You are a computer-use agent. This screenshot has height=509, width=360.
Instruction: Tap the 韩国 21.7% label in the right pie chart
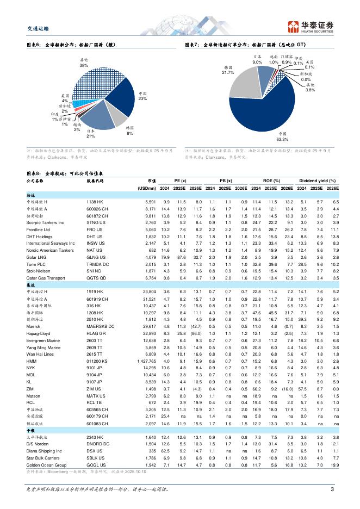point(228,70)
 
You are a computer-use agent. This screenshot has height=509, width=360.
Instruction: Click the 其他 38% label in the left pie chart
point(84,62)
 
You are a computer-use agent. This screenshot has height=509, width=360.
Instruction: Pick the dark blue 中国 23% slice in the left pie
point(126,101)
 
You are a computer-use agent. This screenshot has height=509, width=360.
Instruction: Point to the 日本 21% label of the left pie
point(91,134)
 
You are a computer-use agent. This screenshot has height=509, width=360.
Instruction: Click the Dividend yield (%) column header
point(317,181)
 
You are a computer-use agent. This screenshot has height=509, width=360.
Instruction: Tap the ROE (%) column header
point(271,181)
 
